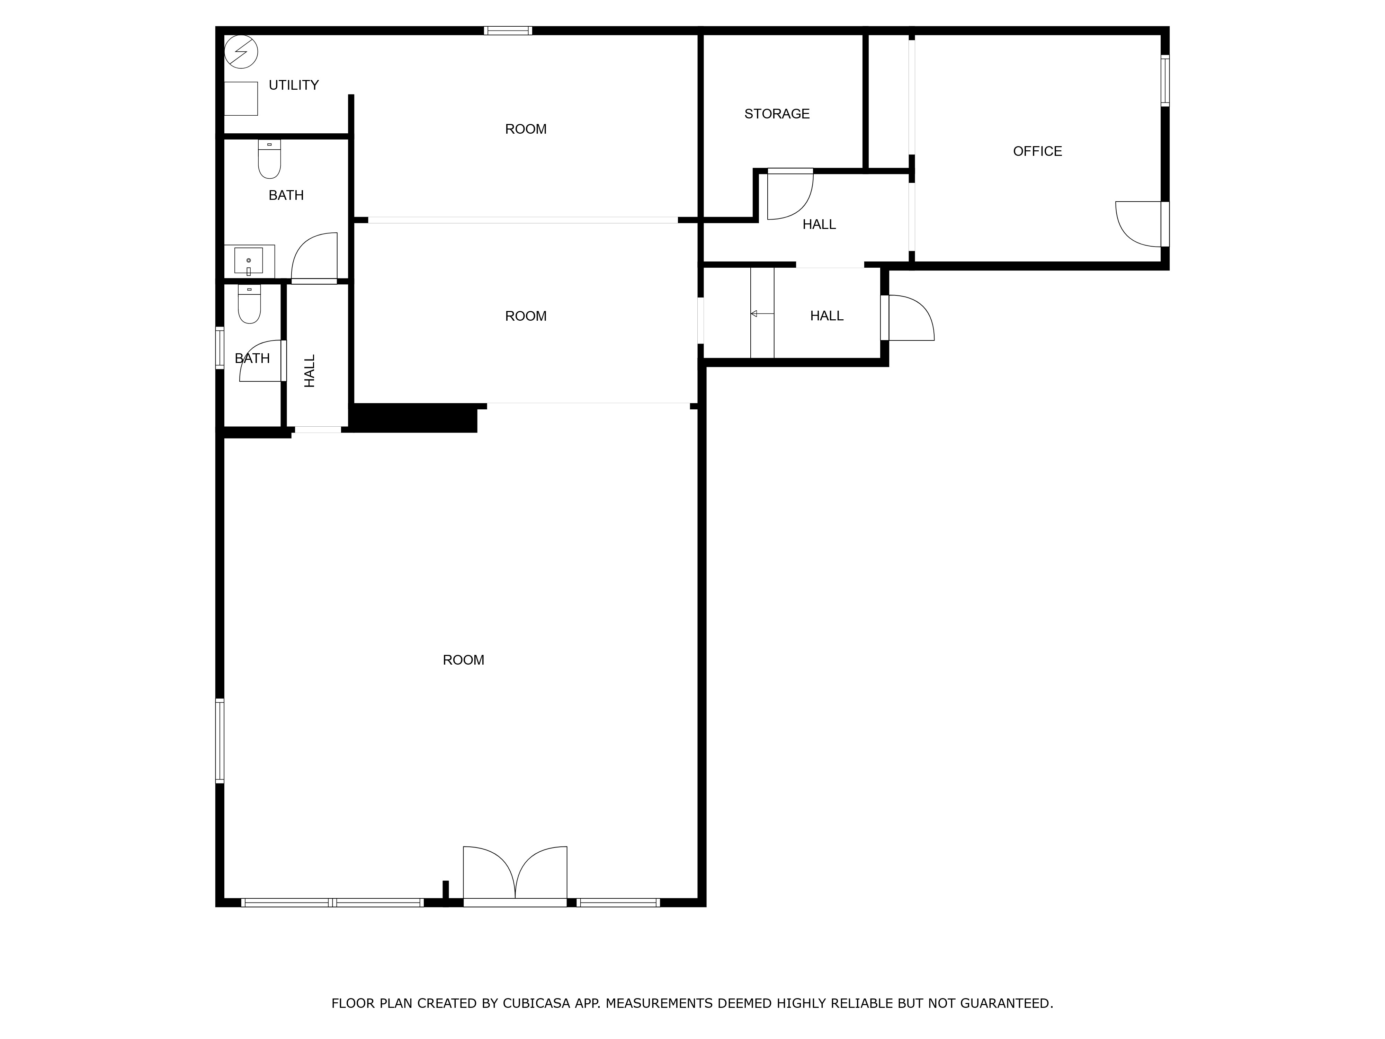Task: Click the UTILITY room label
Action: pos(294,85)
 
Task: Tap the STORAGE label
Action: pos(777,114)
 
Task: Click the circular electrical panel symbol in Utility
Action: pos(241,51)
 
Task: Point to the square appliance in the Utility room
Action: pos(241,98)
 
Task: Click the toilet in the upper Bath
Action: pos(269,159)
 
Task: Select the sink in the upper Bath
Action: pos(249,260)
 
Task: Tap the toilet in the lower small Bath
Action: pos(249,304)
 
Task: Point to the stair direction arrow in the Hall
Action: pos(762,313)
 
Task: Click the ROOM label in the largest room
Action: pos(463,660)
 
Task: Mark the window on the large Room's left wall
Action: pos(220,741)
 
